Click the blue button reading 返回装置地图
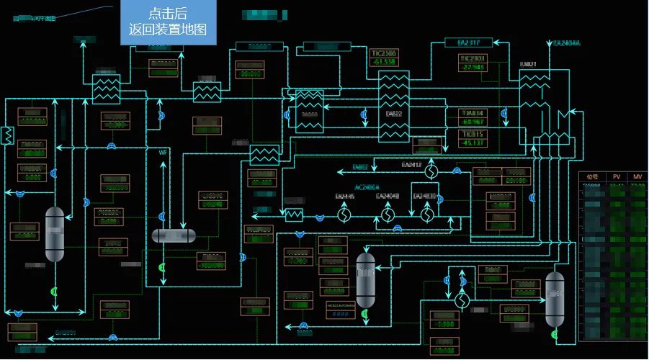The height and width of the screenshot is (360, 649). point(168,22)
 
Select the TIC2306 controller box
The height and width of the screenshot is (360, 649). point(383,58)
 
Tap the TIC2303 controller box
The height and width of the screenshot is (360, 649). point(473,63)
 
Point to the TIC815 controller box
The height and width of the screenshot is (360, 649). point(473,138)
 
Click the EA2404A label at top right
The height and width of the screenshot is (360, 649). point(566,43)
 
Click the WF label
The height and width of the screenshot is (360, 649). point(163,153)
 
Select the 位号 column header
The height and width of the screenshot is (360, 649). point(593,177)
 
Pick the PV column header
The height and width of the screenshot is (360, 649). point(617,177)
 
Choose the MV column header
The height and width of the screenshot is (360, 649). point(637,177)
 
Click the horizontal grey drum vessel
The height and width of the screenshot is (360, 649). point(174,235)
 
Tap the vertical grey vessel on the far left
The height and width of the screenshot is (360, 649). point(55,234)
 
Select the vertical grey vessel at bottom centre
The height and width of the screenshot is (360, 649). point(366,280)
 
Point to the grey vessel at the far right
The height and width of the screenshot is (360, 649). point(555,299)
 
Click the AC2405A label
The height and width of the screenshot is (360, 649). point(367,187)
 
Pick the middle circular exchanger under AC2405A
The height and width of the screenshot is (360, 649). point(388,215)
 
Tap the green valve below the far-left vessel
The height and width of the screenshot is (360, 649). point(55,292)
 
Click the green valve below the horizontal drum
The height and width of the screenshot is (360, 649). point(161,268)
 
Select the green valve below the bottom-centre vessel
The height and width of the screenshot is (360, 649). point(366,315)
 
